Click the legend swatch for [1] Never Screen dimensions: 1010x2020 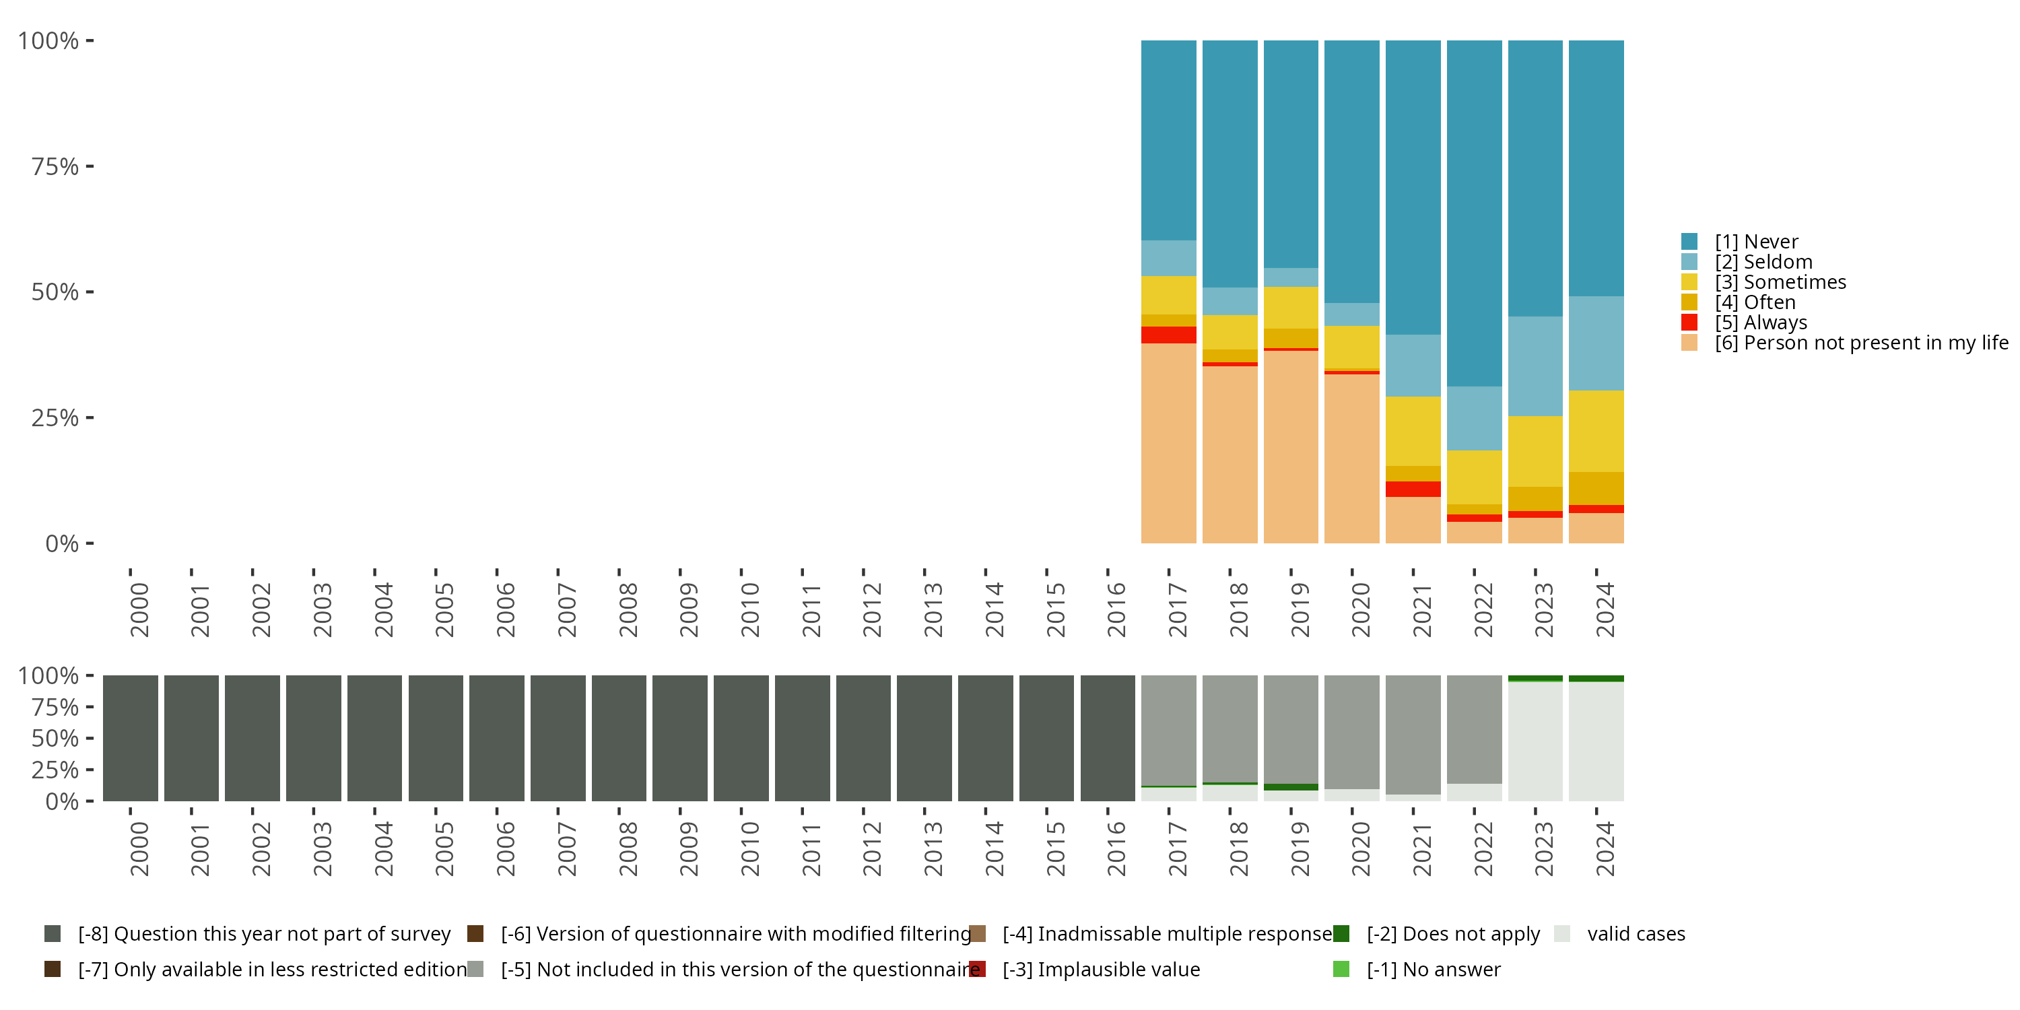(1689, 242)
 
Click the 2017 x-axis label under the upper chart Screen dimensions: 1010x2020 (1177, 610)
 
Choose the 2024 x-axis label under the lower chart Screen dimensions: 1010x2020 (1605, 849)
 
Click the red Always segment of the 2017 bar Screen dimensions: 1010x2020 (1168, 335)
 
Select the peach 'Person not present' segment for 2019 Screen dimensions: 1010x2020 (1291, 447)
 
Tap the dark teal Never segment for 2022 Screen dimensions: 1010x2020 (1474, 211)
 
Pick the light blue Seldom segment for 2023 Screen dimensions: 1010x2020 (1535, 366)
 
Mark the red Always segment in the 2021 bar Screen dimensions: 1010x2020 (1413, 489)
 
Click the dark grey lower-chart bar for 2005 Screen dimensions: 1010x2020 (436, 738)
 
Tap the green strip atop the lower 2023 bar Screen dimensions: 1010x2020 (1535, 678)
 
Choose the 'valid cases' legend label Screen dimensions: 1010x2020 (1636, 934)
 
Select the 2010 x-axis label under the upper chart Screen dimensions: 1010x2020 (749, 610)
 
